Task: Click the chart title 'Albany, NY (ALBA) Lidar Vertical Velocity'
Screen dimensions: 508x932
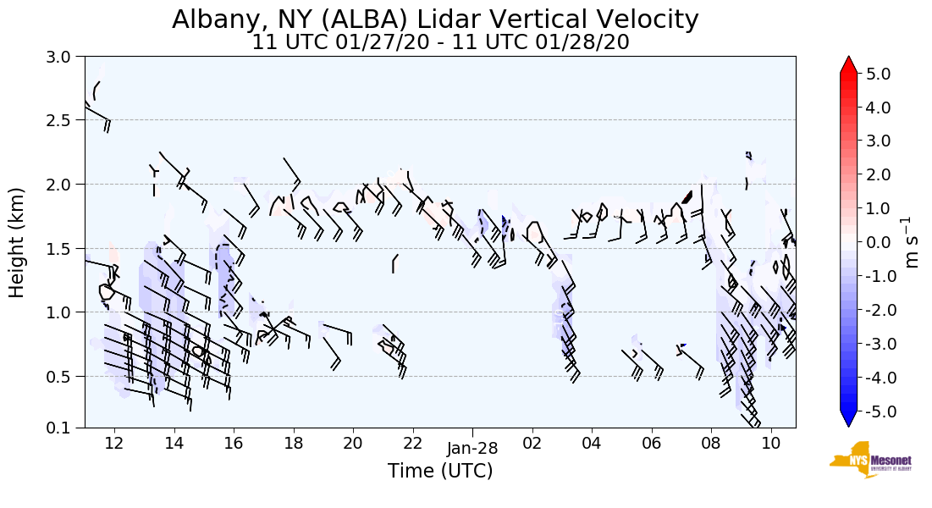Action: (436, 19)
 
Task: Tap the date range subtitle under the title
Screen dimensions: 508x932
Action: (440, 42)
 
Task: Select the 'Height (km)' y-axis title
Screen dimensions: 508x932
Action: (17, 242)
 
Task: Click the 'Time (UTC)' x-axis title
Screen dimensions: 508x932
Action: (440, 471)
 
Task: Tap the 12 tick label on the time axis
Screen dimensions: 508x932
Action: (114, 443)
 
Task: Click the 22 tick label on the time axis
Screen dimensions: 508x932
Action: (412, 443)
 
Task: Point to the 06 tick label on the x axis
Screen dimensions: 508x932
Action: (651, 443)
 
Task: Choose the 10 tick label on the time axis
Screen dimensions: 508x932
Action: (770, 443)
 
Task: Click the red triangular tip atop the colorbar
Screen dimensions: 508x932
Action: (849, 65)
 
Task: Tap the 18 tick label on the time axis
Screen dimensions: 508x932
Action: (293, 443)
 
